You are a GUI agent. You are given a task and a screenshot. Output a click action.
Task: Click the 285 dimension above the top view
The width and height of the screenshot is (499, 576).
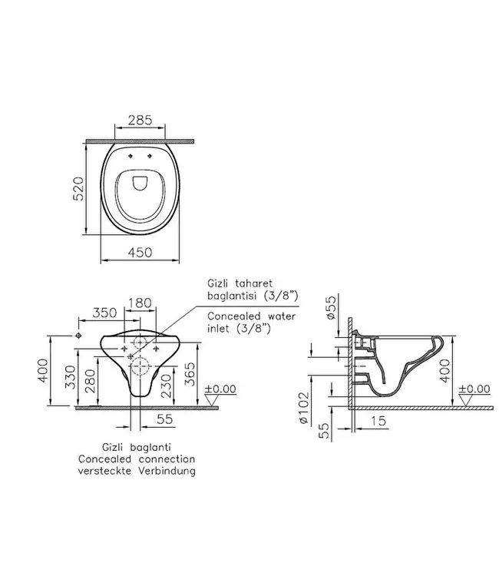[x=140, y=121]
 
